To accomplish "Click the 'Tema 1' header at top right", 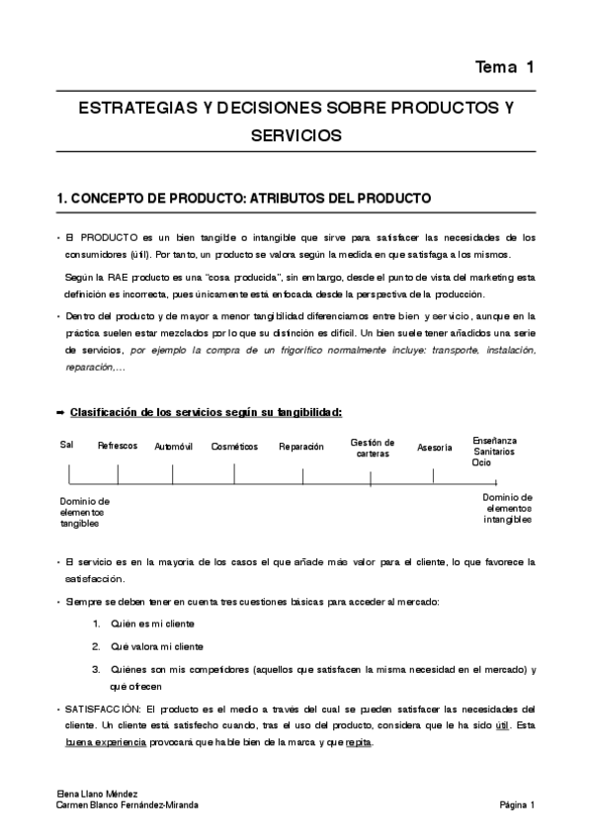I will (504, 67).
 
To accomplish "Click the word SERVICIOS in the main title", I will (296, 135).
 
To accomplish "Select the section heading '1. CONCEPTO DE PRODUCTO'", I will (244, 198).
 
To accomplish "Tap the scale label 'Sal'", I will (66, 444).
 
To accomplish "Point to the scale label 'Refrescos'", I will (118, 446).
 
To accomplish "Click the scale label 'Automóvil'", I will (174, 447).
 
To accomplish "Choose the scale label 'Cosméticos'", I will (234, 447).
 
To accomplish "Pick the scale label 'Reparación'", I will (300, 447).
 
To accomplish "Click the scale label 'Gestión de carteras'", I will (372, 448).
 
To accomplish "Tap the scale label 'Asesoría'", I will (434, 448).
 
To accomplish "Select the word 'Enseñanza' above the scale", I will (494, 440).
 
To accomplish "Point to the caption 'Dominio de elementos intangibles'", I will (507, 508).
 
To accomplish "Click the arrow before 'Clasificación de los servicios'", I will (61, 411).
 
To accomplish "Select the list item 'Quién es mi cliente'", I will (151, 624).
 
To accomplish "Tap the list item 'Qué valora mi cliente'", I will (157, 646).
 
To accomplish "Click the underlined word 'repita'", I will (358, 742).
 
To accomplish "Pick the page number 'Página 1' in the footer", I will (517, 805).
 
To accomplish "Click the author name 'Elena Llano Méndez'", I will (96, 795).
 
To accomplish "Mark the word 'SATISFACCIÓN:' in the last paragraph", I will (100, 709).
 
